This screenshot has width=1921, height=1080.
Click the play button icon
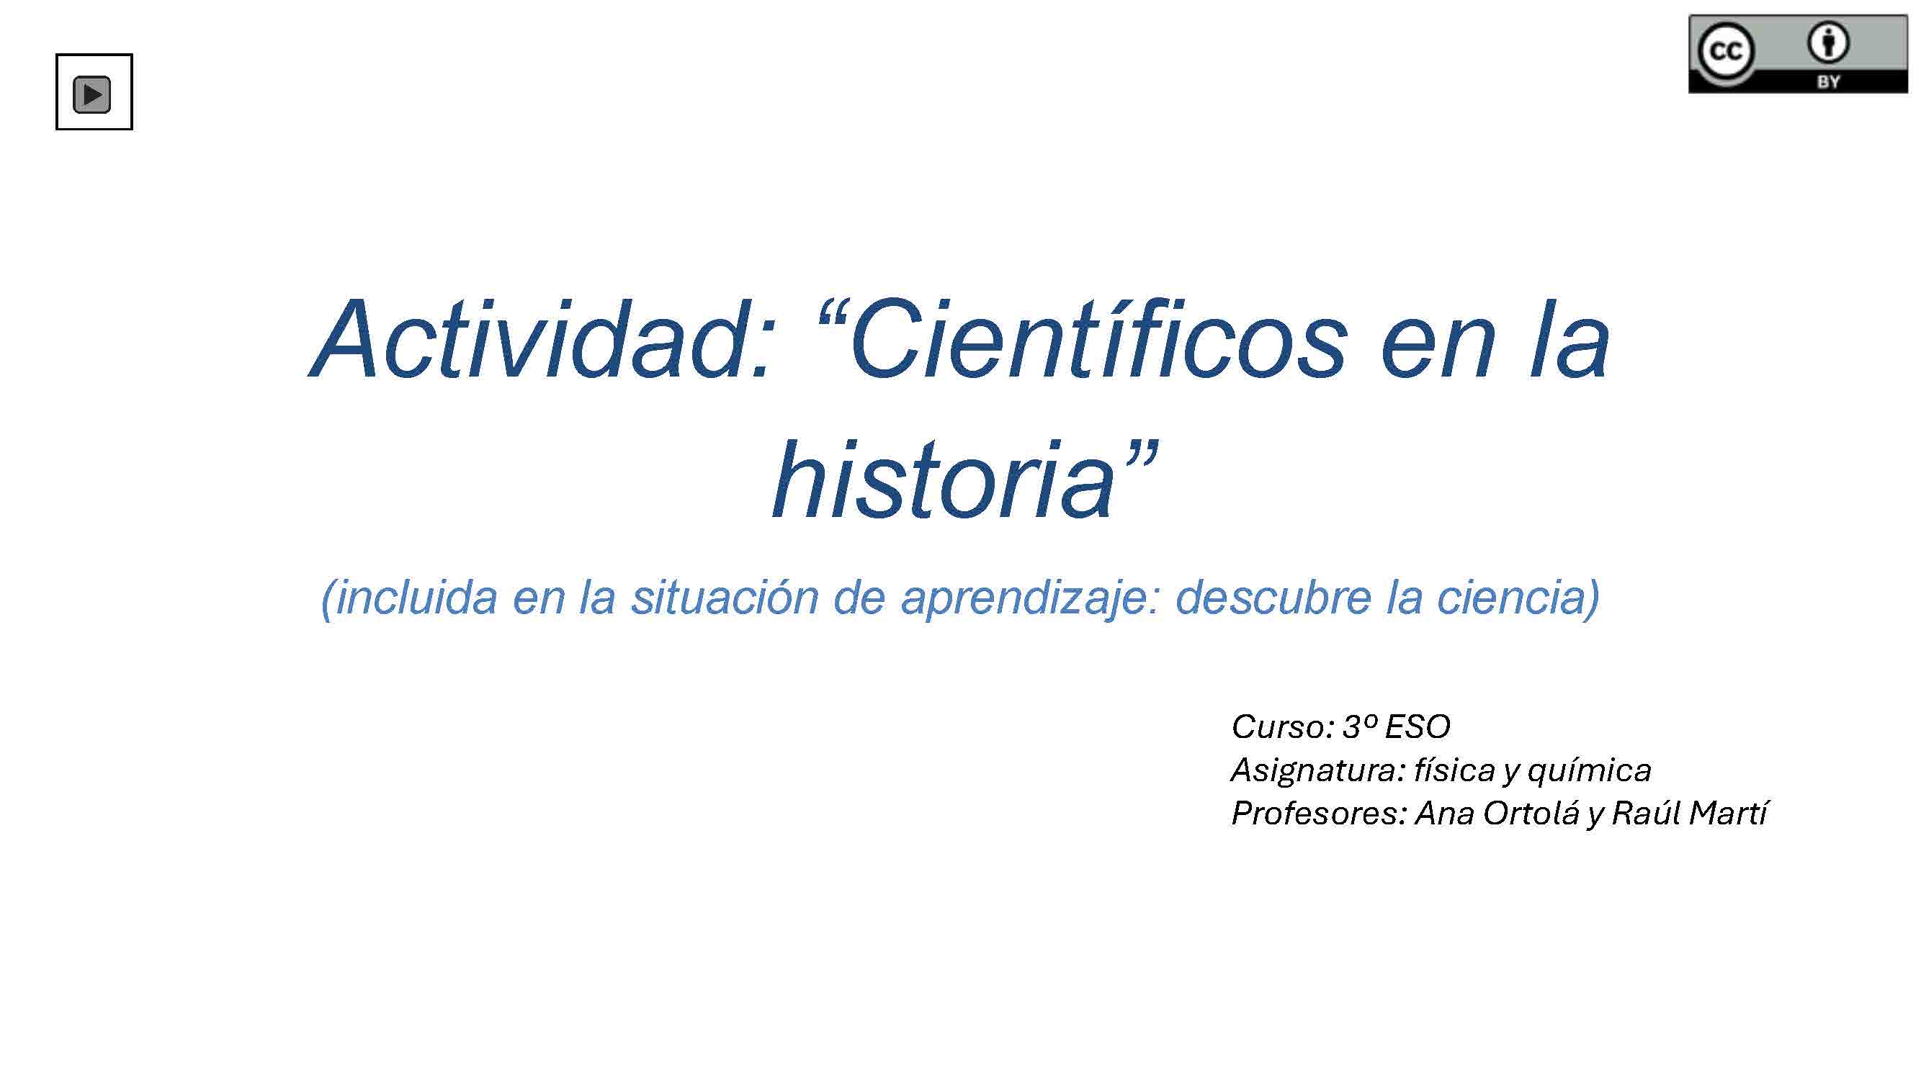(x=91, y=94)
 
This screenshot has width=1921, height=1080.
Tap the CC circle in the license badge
(x=1726, y=52)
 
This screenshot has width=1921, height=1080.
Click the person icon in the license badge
(x=1828, y=42)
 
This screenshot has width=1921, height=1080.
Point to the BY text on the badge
(x=1828, y=81)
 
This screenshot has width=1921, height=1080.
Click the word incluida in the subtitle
(x=409, y=597)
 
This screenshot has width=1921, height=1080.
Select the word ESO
(x=1417, y=726)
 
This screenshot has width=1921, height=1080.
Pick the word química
(x=1589, y=770)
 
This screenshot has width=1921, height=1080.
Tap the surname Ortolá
(x=1530, y=812)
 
